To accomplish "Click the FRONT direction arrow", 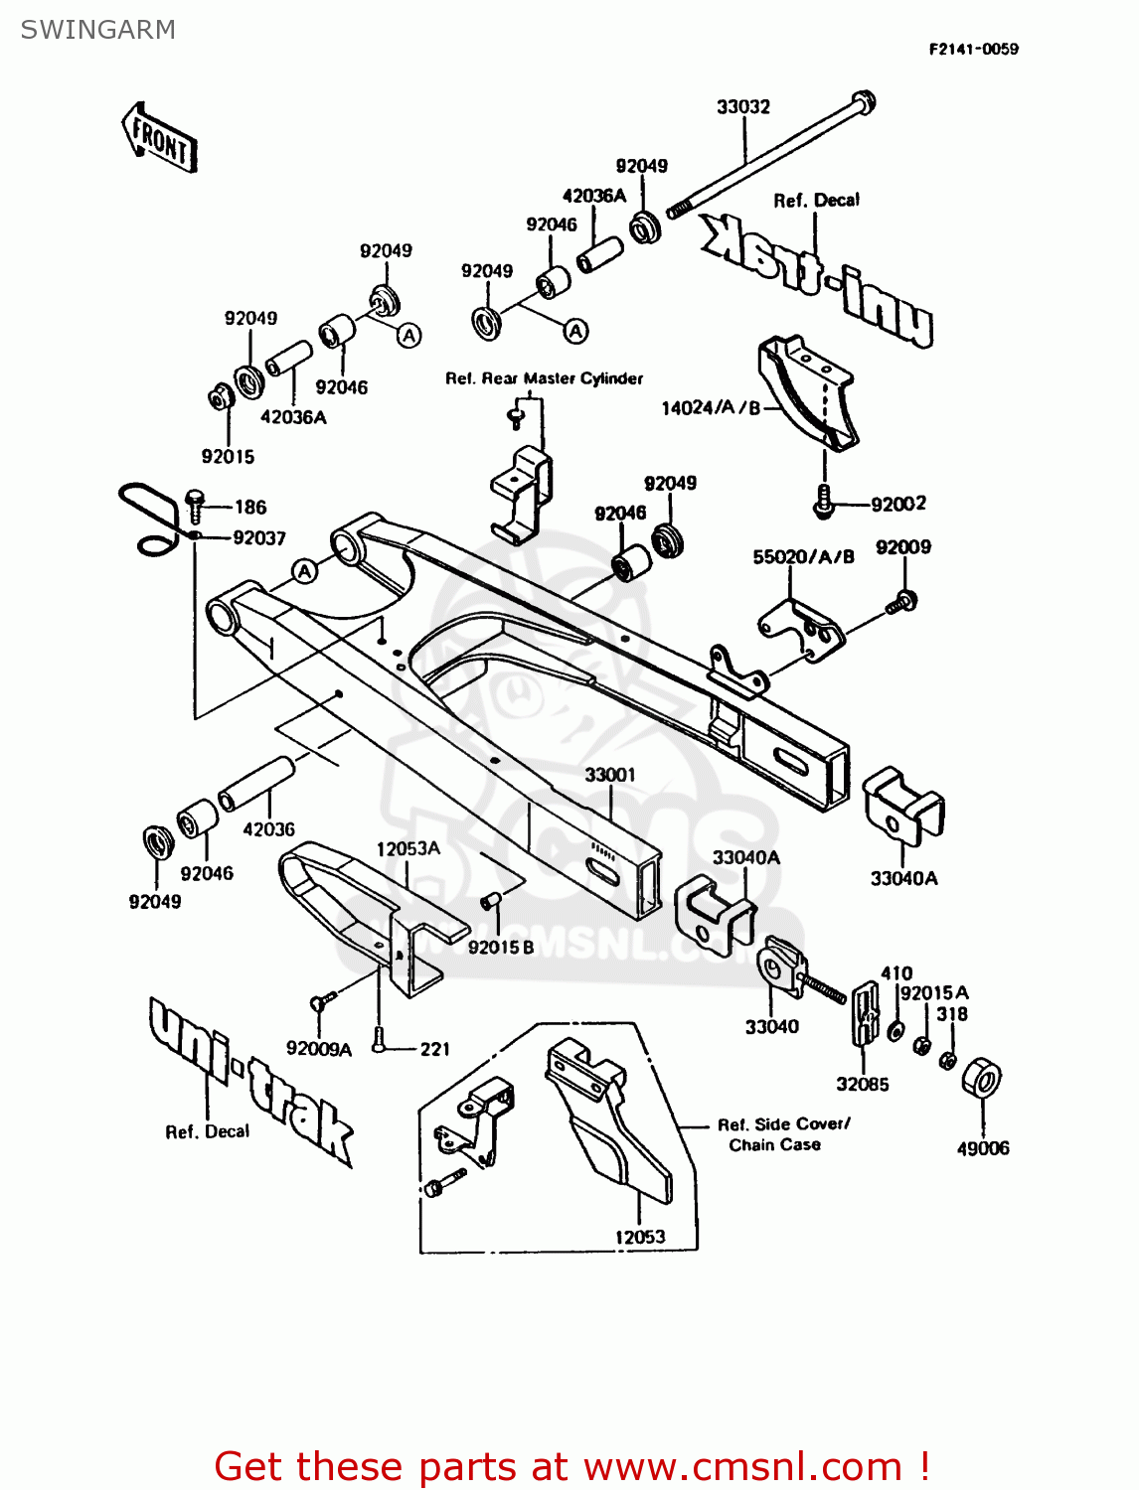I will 159,138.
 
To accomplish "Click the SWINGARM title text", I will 97,30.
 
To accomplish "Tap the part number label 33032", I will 743,106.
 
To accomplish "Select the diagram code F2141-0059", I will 973,49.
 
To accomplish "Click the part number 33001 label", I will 609,775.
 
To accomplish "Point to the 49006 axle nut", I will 982,1079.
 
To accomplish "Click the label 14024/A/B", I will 711,408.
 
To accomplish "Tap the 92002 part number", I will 898,504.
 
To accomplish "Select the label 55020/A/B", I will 803,557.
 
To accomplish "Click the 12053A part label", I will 407,848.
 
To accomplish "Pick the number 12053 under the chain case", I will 640,1237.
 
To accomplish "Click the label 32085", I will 862,1084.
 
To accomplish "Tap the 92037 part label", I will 259,538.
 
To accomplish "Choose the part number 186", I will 250,508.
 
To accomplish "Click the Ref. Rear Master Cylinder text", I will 544,378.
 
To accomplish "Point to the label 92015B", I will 501,947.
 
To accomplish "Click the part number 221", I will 435,1049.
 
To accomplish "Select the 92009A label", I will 319,1049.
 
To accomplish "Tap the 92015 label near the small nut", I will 228,457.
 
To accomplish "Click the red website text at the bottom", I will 571,1466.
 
